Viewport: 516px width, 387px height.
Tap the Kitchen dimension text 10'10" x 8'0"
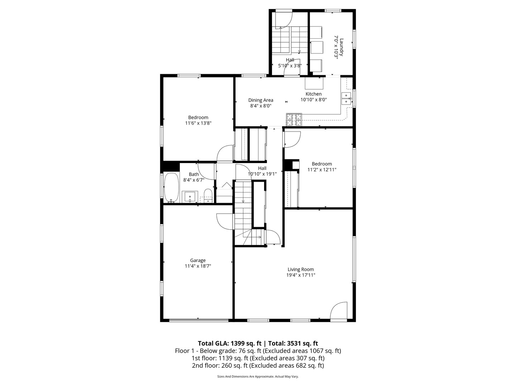(x=314, y=100)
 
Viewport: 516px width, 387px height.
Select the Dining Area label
(x=261, y=100)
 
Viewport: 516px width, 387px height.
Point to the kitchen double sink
(x=346, y=98)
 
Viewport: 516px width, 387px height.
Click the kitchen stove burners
(x=294, y=120)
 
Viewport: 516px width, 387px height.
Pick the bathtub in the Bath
(x=171, y=187)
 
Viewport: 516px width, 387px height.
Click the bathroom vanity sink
(x=190, y=197)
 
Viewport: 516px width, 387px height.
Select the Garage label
(x=198, y=261)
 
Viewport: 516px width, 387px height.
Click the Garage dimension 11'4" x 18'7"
(x=198, y=266)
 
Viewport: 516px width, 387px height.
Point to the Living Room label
(x=301, y=269)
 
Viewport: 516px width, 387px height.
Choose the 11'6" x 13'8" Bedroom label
(x=198, y=118)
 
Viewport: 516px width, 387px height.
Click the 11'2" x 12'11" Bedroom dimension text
(x=322, y=170)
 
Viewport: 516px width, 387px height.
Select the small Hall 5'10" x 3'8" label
(x=290, y=60)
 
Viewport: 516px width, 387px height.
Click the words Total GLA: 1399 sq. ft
(x=229, y=343)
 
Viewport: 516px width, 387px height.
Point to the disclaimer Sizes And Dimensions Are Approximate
(x=245, y=377)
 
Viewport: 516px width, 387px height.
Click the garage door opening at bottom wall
(x=199, y=320)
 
